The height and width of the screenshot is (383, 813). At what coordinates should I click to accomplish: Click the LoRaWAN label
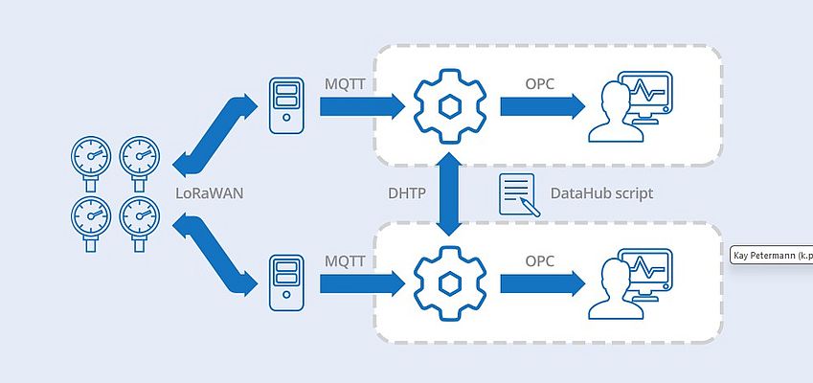pyautogui.click(x=210, y=192)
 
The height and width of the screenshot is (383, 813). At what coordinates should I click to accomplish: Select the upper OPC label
pyautogui.click(x=540, y=86)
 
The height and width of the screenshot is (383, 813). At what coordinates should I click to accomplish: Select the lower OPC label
pyautogui.click(x=540, y=260)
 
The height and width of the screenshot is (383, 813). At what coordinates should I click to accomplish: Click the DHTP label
pyautogui.click(x=400, y=192)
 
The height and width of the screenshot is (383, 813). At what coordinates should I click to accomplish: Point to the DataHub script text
pyautogui.click(x=601, y=193)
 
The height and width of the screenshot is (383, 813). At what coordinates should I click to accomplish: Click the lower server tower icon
pyautogui.click(x=286, y=281)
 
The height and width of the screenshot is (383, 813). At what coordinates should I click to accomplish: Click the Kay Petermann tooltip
pyautogui.click(x=771, y=256)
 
